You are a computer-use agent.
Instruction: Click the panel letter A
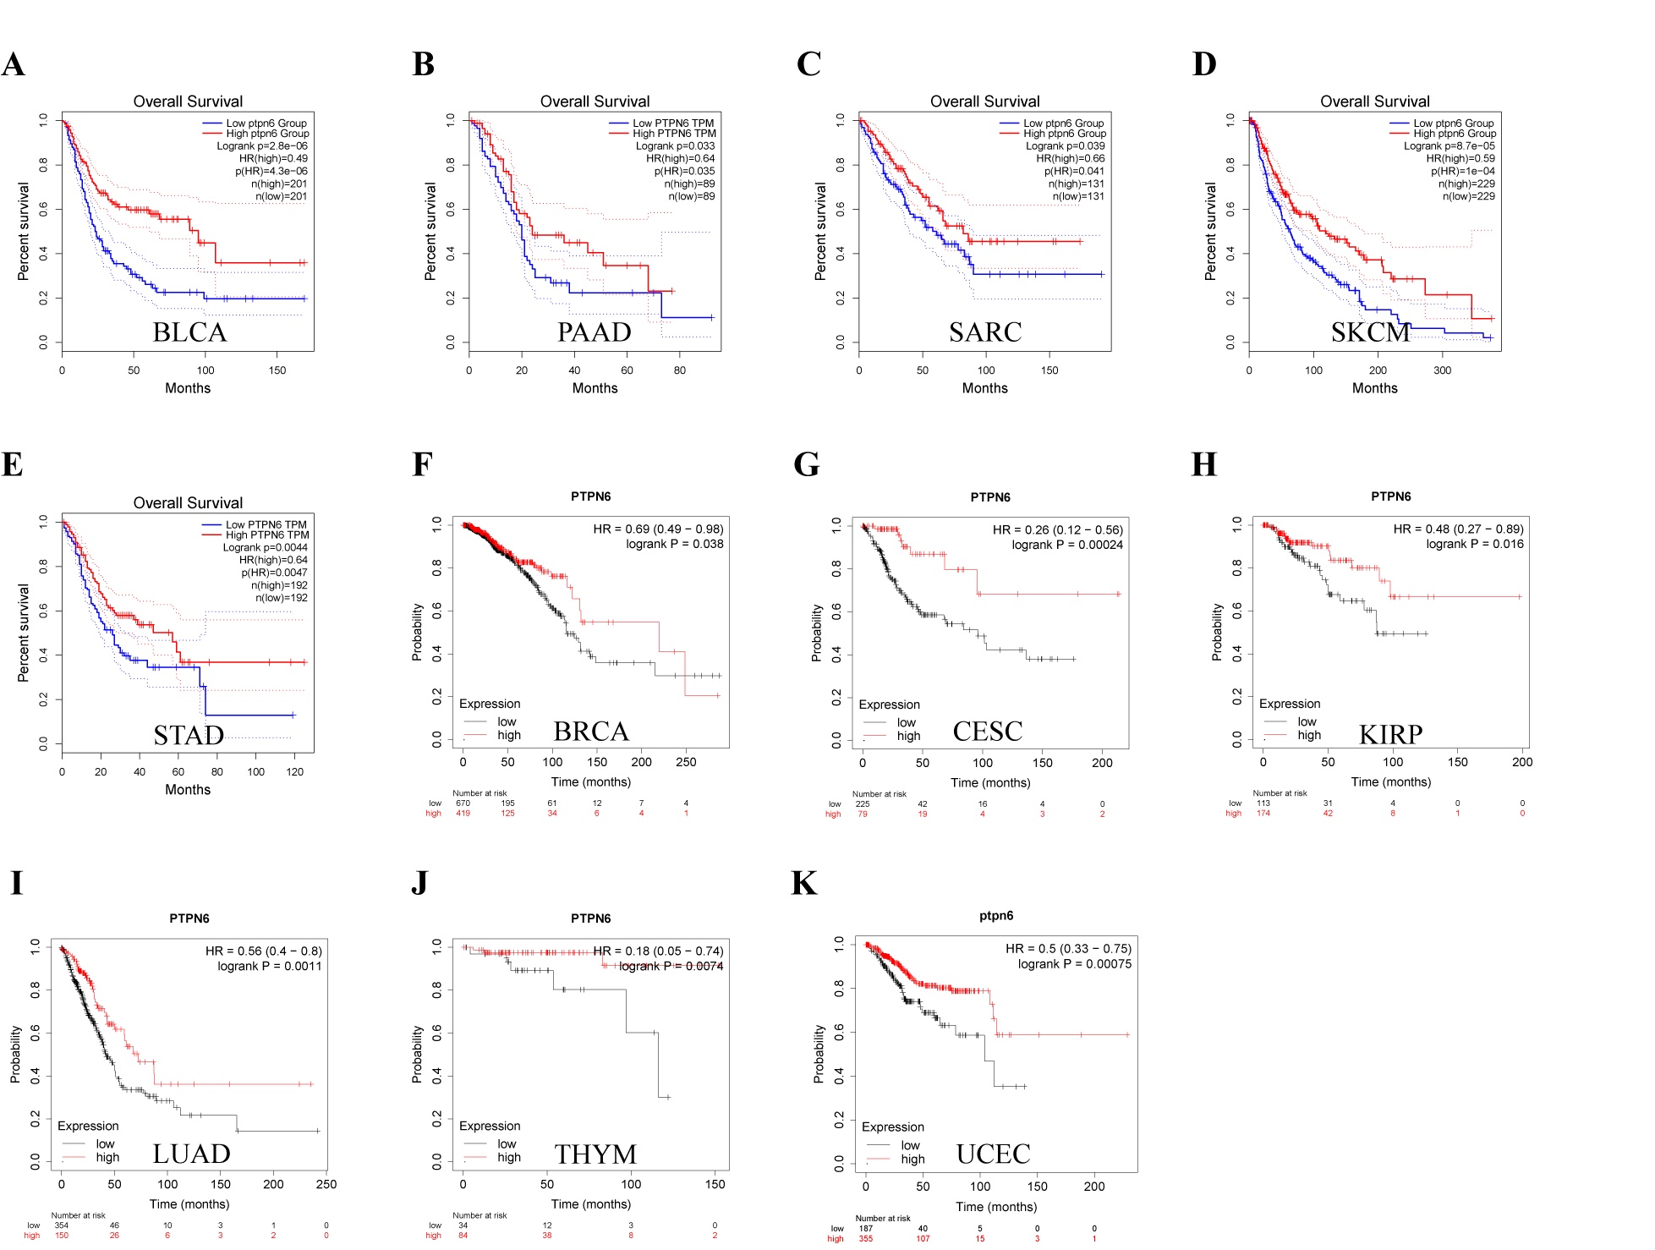(13, 64)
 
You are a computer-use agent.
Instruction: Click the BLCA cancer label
(189, 332)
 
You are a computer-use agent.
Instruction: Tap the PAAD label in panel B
(594, 332)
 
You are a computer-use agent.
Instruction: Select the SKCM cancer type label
(1370, 332)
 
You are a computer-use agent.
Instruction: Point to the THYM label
(595, 1154)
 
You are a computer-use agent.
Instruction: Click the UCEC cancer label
(993, 1154)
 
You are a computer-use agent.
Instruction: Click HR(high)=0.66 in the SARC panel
(1070, 158)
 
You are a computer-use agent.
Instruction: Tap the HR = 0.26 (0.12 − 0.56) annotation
(1057, 529)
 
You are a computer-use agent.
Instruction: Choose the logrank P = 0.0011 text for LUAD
(269, 966)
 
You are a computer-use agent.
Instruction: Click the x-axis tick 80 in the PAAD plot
(679, 370)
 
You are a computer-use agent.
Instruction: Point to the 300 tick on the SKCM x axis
(1442, 370)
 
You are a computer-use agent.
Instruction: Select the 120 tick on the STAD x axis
(294, 772)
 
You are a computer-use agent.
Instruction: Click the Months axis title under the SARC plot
(984, 388)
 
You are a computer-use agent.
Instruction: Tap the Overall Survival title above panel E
(188, 503)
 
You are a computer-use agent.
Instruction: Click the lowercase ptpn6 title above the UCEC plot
(995, 916)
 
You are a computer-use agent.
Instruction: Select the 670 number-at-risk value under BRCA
(463, 803)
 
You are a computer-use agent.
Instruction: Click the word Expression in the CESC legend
(889, 704)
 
